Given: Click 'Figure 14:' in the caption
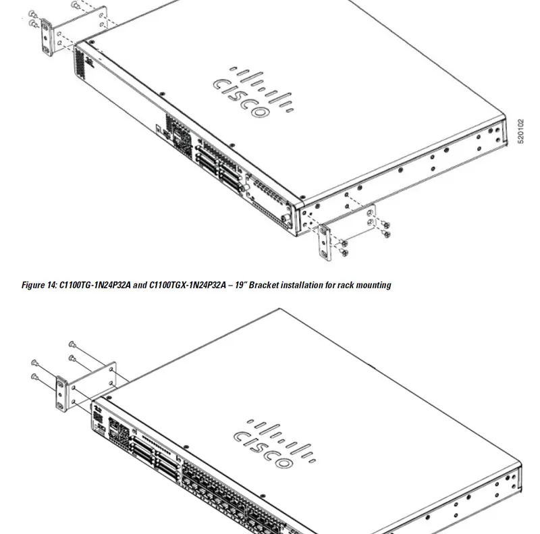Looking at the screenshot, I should (x=39, y=286).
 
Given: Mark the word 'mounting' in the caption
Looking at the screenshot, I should (x=375, y=286).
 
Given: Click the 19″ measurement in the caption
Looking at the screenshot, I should (x=241, y=286).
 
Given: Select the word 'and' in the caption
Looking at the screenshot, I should (x=139, y=286).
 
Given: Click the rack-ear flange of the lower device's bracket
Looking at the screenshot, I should (x=63, y=395).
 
